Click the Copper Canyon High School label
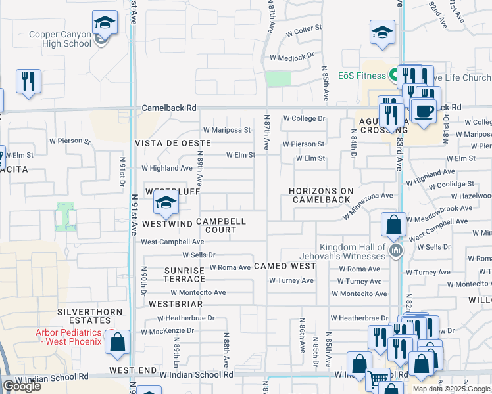pyautogui.click(x=60, y=39)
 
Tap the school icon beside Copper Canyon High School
pyautogui.click(x=104, y=24)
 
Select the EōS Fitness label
pyautogui.click(x=362, y=76)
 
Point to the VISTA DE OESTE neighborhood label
pyautogui.click(x=172, y=142)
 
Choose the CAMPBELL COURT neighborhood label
pyautogui.click(x=220, y=226)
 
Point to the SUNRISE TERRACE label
pyautogui.click(x=185, y=274)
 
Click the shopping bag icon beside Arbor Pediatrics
pyautogui.click(x=117, y=343)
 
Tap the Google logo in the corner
pyautogui.click(x=22, y=386)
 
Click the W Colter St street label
pyautogui.click(x=303, y=28)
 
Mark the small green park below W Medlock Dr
pyautogui.click(x=278, y=79)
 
